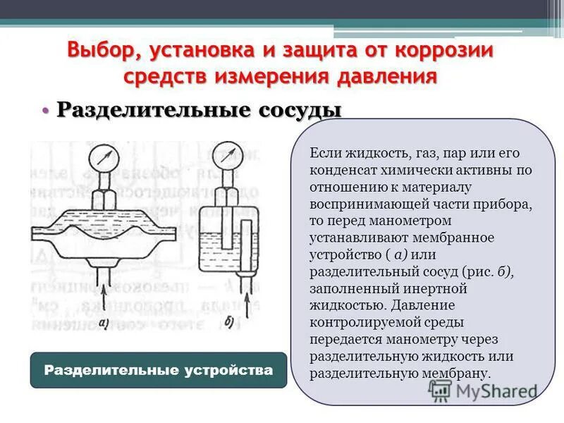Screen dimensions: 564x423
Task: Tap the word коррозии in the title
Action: (x=443, y=51)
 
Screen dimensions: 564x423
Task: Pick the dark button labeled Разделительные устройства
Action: (x=159, y=370)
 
